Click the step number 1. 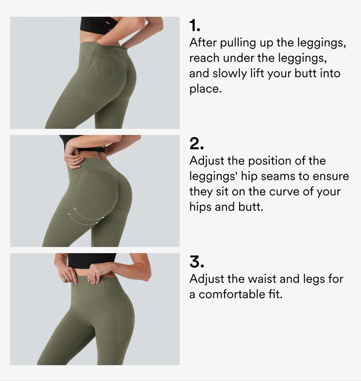[194, 26]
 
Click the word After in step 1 [203, 42]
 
